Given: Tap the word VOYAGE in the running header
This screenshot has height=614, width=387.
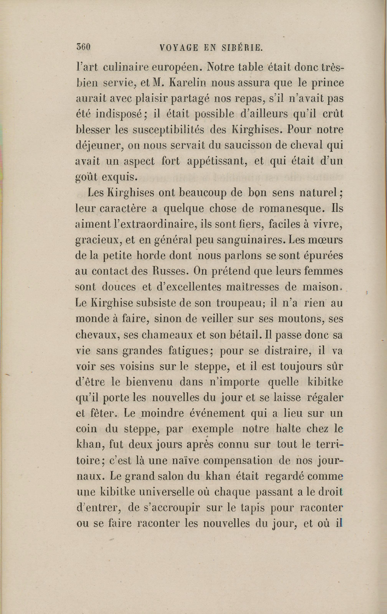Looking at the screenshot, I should [176, 48].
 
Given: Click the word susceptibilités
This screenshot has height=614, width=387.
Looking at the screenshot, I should [168, 130].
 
